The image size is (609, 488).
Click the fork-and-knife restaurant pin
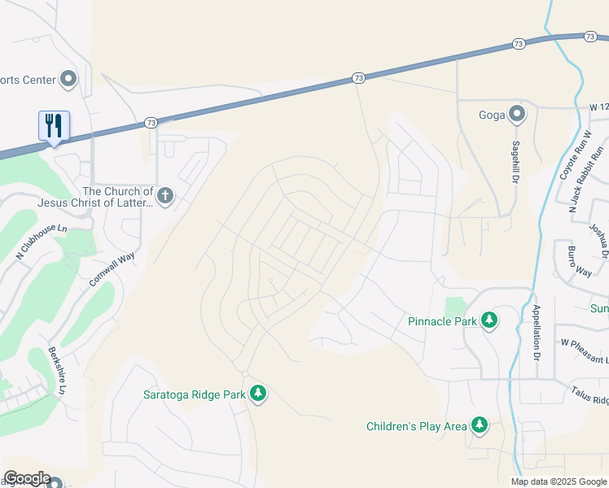pos(54,126)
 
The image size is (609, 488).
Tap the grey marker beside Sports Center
pos(68,80)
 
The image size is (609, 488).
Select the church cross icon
pos(165,195)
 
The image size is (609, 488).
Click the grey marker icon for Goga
pos(516,114)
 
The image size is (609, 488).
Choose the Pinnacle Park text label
pos(442,321)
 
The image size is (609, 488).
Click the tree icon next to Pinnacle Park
pos(489,320)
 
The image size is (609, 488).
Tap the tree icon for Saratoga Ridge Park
pos(258,394)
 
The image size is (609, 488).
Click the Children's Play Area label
pos(417,425)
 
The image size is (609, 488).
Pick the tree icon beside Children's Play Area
pos(480,425)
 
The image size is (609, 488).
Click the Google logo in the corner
pos(27,478)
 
